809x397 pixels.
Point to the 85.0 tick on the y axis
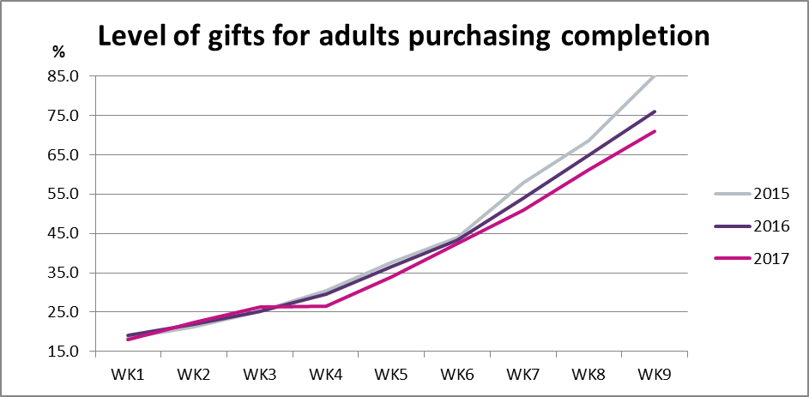point(63,76)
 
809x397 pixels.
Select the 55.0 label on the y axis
point(63,194)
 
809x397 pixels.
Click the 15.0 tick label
point(63,352)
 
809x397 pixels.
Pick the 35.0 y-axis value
point(63,273)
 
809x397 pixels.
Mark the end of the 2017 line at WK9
point(655,131)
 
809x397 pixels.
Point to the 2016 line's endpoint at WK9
point(655,111)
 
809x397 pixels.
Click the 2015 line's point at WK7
point(523,183)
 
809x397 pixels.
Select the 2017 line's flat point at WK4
point(325,306)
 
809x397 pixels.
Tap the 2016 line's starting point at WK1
point(128,335)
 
